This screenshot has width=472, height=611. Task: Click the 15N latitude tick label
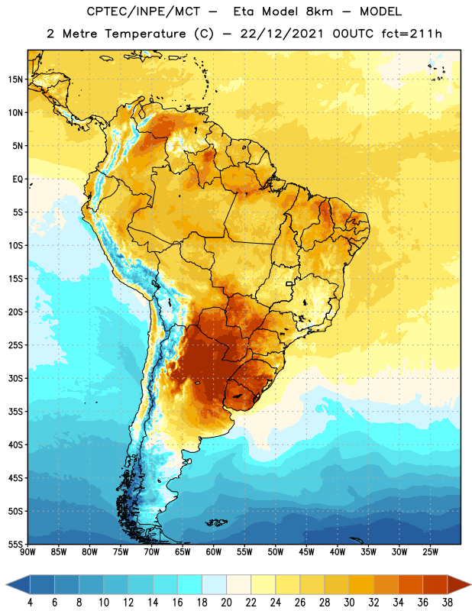(15, 79)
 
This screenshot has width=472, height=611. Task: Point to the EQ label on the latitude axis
(18, 179)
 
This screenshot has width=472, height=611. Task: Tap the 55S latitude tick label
(15, 545)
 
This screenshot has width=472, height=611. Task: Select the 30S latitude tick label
(15, 378)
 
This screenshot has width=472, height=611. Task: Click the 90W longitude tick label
(27, 552)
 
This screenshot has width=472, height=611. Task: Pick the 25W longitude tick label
(430, 552)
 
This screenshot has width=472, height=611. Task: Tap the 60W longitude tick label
(213, 552)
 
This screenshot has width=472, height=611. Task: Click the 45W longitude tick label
(306, 552)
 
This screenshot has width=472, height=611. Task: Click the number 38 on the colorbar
(447, 603)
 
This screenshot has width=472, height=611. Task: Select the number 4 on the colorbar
(30, 603)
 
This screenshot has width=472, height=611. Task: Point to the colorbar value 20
(226, 603)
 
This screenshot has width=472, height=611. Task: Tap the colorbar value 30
(349, 603)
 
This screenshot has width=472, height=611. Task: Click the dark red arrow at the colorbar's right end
(458, 584)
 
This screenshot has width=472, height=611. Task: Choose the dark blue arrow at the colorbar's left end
(18, 584)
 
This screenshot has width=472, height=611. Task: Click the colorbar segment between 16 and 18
(190, 584)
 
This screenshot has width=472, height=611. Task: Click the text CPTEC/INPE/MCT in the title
(143, 11)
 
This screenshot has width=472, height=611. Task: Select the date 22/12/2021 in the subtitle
(282, 34)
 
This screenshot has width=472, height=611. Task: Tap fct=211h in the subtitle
(412, 34)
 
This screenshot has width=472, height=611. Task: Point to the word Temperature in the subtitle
(145, 34)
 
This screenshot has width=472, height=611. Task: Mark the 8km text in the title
(319, 11)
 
